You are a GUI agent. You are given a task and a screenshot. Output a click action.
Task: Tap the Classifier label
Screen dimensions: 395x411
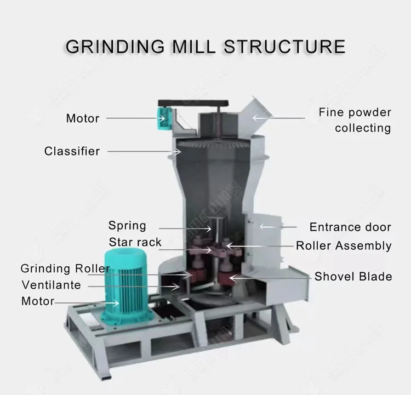(x=72, y=151)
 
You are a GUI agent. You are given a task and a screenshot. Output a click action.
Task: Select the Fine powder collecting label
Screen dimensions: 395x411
(x=355, y=120)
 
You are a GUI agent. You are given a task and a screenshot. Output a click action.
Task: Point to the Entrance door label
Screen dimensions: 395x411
(x=350, y=227)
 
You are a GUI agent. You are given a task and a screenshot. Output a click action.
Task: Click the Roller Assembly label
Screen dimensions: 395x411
(x=344, y=245)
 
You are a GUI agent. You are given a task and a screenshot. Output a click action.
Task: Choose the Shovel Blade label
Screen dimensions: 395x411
(x=353, y=277)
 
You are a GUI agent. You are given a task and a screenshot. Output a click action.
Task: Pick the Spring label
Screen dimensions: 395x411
(x=127, y=225)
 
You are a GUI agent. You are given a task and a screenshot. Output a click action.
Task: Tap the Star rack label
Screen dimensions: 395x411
(x=135, y=242)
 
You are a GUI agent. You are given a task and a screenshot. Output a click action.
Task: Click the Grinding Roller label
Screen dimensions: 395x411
(x=65, y=268)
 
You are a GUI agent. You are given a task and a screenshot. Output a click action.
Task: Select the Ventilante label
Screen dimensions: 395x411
(x=52, y=285)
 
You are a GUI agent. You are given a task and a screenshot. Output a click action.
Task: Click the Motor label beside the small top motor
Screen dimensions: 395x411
(x=83, y=118)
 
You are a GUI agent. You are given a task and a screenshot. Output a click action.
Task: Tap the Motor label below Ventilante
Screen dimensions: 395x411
(x=38, y=301)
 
